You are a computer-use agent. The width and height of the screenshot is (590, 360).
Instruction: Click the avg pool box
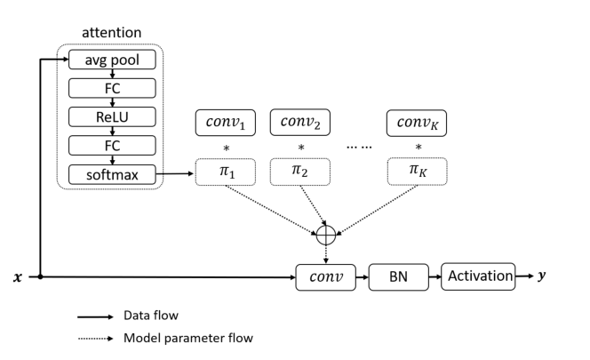click(x=112, y=60)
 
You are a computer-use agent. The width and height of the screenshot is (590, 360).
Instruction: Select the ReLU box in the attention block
click(x=112, y=116)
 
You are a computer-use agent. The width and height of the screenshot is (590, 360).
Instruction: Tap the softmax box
click(x=112, y=173)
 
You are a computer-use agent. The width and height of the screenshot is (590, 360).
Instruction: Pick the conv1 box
click(x=225, y=123)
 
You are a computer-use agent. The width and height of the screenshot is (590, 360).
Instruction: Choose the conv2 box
click(x=300, y=123)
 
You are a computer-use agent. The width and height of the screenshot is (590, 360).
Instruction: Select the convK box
click(x=417, y=123)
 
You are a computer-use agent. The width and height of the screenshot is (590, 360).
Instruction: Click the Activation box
click(x=478, y=276)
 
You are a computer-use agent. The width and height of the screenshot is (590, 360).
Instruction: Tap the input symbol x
click(x=16, y=278)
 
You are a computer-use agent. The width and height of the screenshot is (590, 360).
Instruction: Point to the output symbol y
click(x=543, y=276)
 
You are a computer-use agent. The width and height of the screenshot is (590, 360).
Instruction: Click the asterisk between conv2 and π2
click(x=300, y=147)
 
